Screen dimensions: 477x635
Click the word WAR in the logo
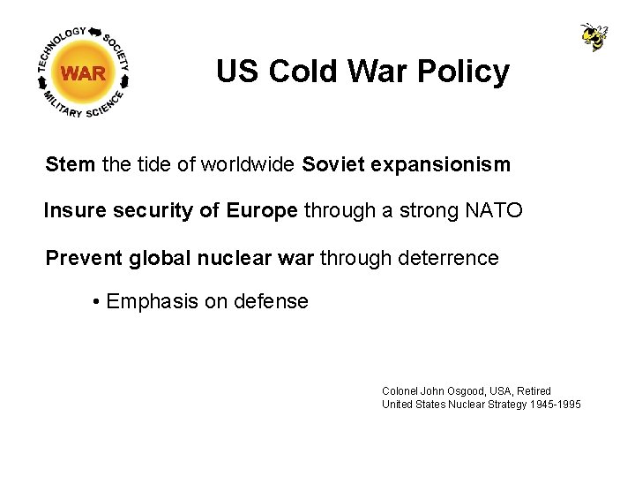(x=84, y=73)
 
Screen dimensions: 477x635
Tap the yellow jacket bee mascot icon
(x=594, y=37)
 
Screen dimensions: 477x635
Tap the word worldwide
(x=249, y=164)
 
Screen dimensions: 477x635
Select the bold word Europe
(x=262, y=211)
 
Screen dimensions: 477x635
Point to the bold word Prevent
(x=84, y=258)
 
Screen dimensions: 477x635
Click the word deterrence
(x=449, y=258)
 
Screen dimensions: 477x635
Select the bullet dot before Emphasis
(x=95, y=302)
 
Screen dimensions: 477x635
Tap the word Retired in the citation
(x=534, y=390)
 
